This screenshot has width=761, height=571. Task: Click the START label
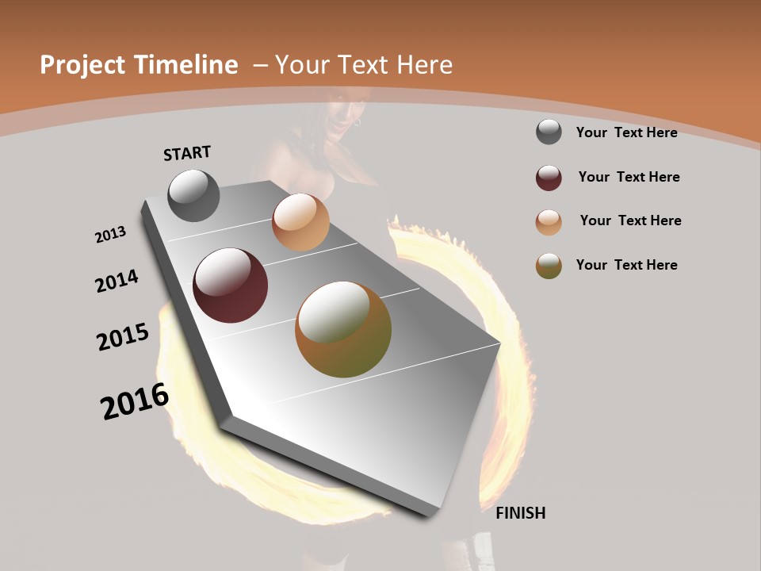[x=187, y=153]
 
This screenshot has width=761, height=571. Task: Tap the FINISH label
[x=520, y=513]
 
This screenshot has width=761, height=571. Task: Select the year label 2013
[x=110, y=235]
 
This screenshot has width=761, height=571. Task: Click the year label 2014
[x=117, y=282]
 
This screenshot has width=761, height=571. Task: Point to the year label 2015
[x=123, y=337]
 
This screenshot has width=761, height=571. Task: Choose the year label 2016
[x=135, y=401]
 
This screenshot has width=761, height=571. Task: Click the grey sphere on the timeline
[x=193, y=195]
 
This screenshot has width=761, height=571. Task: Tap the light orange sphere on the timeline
[x=300, y=222]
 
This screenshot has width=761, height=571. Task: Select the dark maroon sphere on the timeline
[x=231, y=285]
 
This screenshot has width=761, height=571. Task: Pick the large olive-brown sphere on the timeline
[x=343, y=329]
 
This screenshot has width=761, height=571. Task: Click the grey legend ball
[x=549, y=132]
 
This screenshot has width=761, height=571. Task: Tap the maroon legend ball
[x=549, y=178]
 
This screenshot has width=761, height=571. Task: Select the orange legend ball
[x=549, y=222]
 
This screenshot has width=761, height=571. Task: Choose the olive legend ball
[x=549, y=266]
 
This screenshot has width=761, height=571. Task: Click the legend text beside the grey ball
[x=626, y=132]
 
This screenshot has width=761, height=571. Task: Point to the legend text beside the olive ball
[x=626, y=265]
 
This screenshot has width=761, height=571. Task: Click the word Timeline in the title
[x=185, y=65]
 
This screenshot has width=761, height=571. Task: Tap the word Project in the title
[x=82, y=65]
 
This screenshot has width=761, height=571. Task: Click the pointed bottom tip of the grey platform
[x=429, y=514]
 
